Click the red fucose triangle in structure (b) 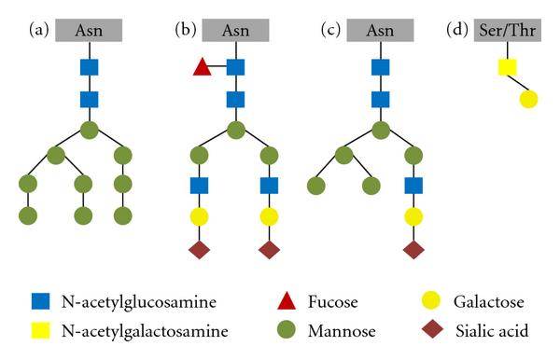click(199, 67)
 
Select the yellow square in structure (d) click(506, 67)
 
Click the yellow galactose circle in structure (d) click(528, 99)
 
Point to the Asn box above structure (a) click(89, 30)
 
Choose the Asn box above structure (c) click(382, 30)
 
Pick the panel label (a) click(39, 30)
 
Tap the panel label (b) click(186, 30)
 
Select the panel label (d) click(458, 30)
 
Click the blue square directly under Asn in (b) click(235, 67)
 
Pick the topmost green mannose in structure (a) click(89, 129)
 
